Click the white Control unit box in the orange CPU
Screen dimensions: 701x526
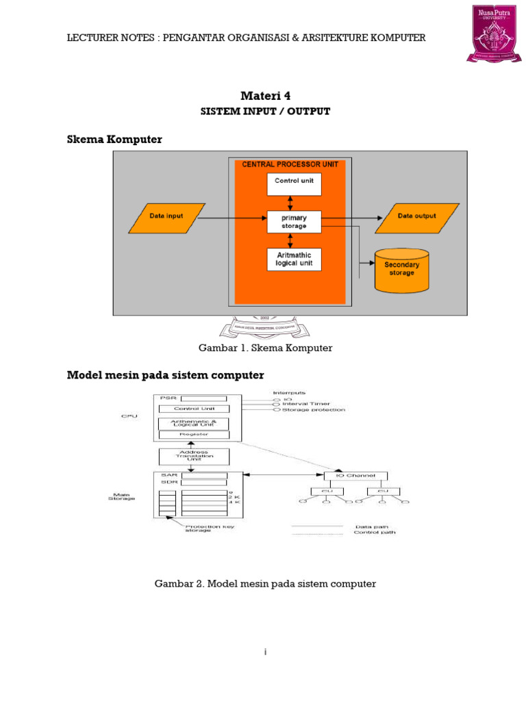294,183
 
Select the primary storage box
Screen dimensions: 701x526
294,221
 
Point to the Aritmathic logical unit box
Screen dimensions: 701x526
294,259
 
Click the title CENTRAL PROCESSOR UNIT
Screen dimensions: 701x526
290,164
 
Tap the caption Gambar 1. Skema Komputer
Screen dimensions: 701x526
265,348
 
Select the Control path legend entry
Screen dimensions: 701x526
374,533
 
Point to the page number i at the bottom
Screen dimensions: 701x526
265,652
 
